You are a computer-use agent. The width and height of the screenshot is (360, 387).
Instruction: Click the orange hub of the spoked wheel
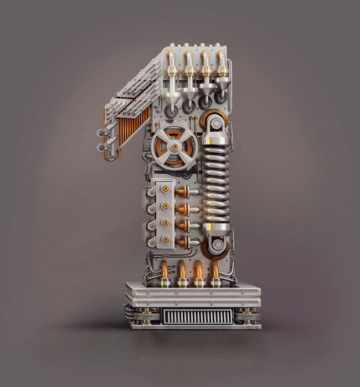(x=175, y=146)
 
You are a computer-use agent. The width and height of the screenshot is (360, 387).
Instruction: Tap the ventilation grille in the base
(x=197, y=317)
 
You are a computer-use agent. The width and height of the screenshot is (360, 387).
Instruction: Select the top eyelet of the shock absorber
(x=216, y=124)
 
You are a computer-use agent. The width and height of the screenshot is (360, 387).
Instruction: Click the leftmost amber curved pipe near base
(x=164, y=269)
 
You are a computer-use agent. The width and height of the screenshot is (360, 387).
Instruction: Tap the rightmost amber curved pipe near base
(x=215, y=269)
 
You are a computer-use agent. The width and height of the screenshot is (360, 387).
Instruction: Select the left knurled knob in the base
(x=145, y=316)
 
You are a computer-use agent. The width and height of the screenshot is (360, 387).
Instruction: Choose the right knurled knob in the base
(x=247, y=316)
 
